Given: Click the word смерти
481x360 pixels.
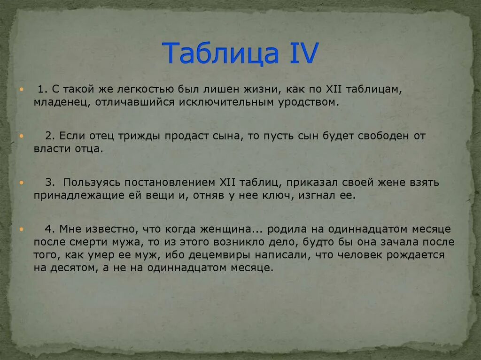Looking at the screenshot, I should click(91, 243).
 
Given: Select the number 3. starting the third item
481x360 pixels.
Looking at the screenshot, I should click(50, 183).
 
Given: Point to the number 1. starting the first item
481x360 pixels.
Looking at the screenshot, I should click(42, 89).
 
